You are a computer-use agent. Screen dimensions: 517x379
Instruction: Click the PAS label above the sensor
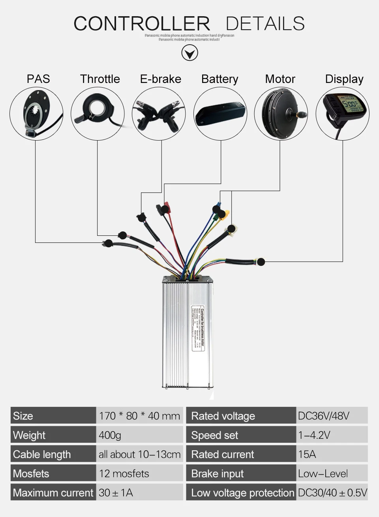[x=38, y=79]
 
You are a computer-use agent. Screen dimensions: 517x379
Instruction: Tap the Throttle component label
[x=100, y=79]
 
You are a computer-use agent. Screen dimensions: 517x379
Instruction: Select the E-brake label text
[x=160, y=79]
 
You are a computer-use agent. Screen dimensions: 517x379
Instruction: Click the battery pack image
[x=220, y=114]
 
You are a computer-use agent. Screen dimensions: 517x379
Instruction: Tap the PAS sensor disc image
[x=36, y=114]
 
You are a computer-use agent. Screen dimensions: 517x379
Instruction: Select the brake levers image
[x=159, y=114]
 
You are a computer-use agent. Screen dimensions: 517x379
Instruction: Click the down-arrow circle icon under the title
[x=189, y=53]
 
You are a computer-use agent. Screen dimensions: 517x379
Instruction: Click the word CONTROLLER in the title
[x=142, y=24]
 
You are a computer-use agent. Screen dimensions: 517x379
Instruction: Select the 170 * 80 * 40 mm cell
[x=139, y=415]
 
